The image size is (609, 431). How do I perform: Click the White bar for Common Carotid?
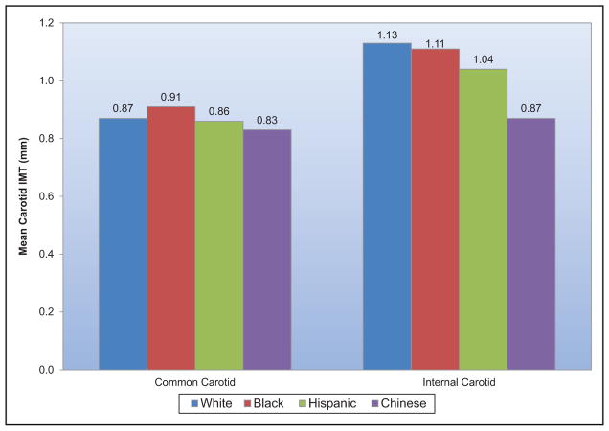pyautogui.click(x=123, y=243)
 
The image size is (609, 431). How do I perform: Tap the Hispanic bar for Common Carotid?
pyautogui.click(x=219, y=245)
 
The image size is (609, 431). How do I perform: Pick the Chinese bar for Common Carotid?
pyautogui.click(x=267, y=249)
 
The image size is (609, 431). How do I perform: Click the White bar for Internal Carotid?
pyautogui.click(x=387, y=206)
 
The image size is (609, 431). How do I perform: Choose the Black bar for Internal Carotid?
pyautogui.click(x=435, y=209)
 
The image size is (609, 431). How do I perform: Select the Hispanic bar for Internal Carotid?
pyautogui.click(x=484, y=218)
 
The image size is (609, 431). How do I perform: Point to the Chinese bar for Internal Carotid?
pyautogui.click(x=531, y=243)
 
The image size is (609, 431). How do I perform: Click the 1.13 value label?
pyautogui.click(x=387, y=36)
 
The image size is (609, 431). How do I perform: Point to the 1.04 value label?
pyautogui.click(x=484, y=61)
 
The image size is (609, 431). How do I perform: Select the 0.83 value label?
pyautogui.click(x=267, y=122)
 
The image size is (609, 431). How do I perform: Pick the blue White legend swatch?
pyautogui.click(x=194, y=403)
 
